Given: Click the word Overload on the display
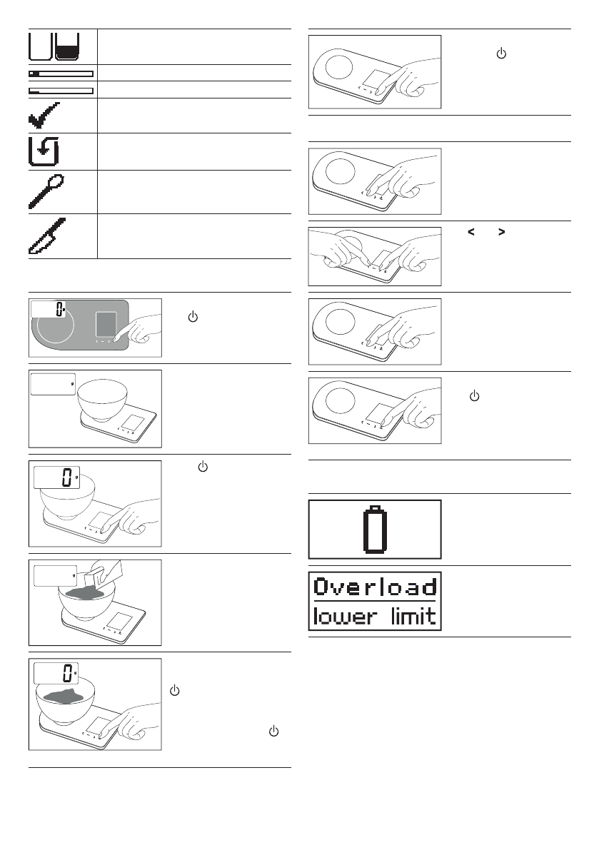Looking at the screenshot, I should point(375,587).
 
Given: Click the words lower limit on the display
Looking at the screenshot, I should point(375,615).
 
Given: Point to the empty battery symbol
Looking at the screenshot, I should point(375,529).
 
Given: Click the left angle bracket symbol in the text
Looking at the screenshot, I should point(470,231).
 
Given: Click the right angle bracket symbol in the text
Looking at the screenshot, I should point(501,231).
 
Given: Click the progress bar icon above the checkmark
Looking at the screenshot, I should point(61,91).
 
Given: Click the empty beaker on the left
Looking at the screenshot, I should point(41,47).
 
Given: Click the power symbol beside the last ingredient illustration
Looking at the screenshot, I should point(175,691).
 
